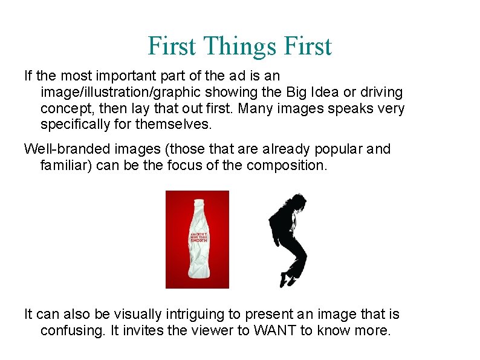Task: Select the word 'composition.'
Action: [x=287, y=165]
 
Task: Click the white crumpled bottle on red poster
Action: [x=198, y=248]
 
